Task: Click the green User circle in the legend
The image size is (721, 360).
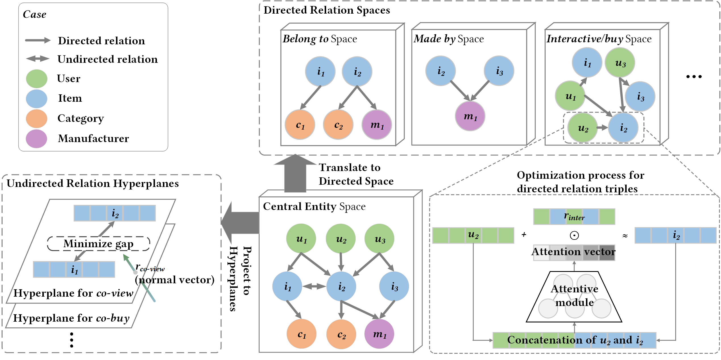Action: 36,79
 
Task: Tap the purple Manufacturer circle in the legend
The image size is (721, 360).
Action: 36,139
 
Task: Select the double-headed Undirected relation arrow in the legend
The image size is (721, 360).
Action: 38,59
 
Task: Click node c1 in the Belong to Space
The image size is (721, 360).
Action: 300,125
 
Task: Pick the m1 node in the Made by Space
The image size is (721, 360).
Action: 470,116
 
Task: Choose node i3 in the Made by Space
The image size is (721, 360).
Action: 499,71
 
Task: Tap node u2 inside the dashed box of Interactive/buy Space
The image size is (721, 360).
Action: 583,128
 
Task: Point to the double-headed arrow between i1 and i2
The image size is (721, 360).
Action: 314,286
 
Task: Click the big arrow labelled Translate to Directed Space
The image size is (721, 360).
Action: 295,173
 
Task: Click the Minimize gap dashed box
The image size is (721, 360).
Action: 98,244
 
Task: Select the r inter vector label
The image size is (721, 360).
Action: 574,217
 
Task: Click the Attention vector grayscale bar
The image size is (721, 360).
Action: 574,253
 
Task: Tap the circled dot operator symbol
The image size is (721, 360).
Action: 574,235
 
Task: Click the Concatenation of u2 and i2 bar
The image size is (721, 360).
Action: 574,340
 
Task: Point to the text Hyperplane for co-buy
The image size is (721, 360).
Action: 71,318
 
